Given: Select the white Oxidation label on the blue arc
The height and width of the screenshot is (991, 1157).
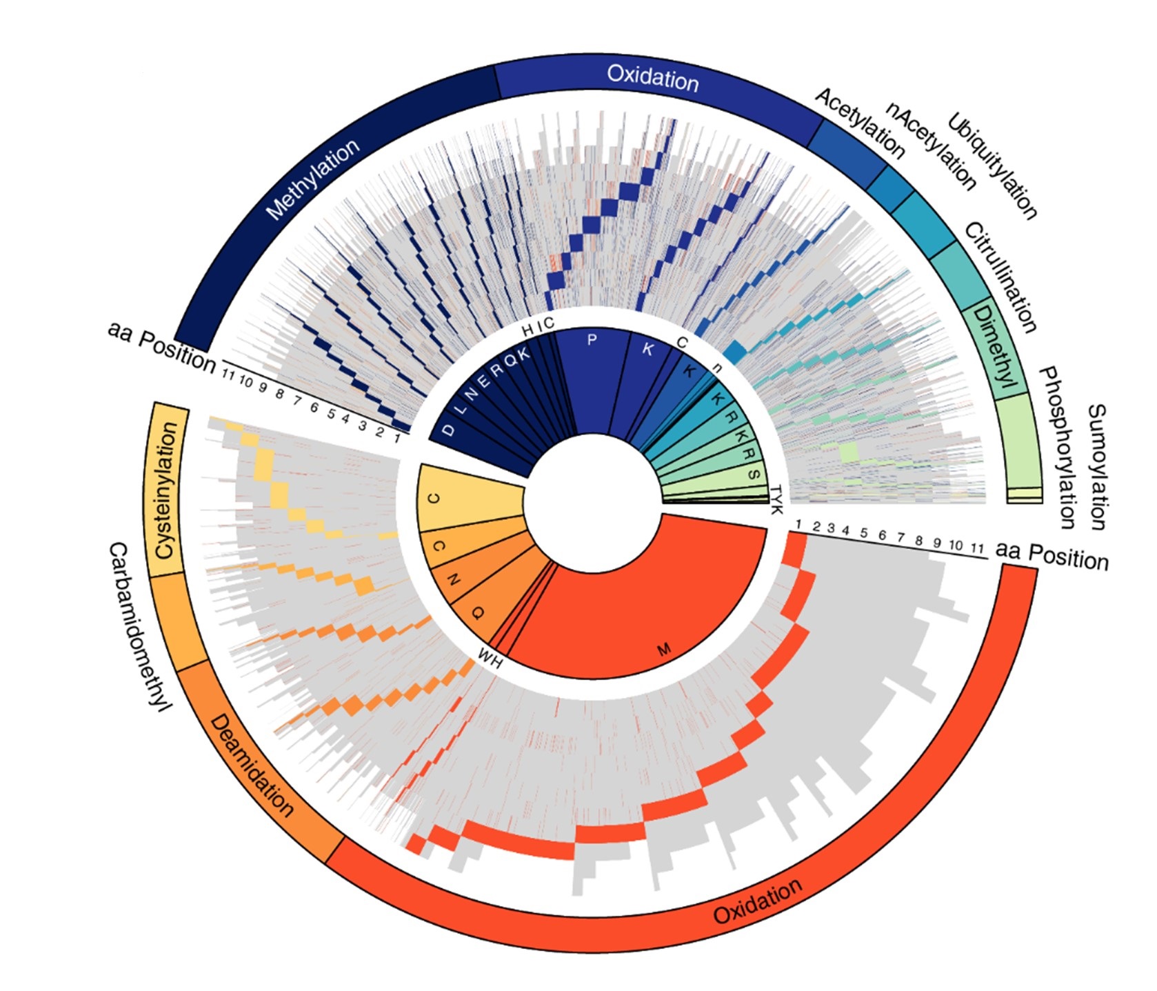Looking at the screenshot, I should [652, 78].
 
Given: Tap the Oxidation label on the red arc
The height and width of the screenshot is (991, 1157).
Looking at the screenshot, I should [757, 901].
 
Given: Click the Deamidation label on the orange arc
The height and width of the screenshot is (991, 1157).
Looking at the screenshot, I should [252, 765].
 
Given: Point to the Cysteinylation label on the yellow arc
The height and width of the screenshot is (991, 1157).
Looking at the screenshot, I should [167, 490].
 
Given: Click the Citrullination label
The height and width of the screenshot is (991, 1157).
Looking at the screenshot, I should [1000, 277].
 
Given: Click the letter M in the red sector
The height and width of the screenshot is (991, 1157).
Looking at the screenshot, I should [664, 649].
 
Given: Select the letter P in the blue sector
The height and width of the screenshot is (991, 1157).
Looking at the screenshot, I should [591, 339].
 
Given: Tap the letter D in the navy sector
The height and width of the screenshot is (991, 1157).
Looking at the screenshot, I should [449, 430].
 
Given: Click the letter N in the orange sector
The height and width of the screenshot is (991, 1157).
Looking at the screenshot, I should [452, 580].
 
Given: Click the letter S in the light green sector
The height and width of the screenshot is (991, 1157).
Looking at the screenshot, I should [754, 475].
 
